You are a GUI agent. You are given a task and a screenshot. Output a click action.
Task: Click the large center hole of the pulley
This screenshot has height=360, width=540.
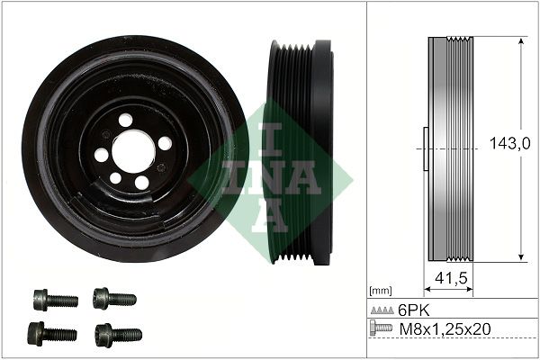(134, 149)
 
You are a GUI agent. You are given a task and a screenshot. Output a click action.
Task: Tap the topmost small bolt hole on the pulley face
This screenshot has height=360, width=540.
(125, 120)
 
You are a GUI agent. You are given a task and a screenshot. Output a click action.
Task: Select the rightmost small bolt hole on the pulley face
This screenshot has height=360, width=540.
(164, 142)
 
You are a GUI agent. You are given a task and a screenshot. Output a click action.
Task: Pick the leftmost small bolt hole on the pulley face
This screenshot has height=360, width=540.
(101, 155)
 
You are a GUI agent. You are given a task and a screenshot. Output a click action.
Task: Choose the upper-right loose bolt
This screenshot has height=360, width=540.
(114, 297)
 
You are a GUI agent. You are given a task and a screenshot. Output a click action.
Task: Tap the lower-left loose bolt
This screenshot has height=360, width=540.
(52, 333)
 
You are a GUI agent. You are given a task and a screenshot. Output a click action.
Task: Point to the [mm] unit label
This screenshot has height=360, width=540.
(381, 291)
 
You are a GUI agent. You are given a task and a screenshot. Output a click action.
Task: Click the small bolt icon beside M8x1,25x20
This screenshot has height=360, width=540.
(382, 328)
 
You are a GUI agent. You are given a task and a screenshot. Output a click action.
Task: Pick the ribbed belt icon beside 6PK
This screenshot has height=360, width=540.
(382, 309)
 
